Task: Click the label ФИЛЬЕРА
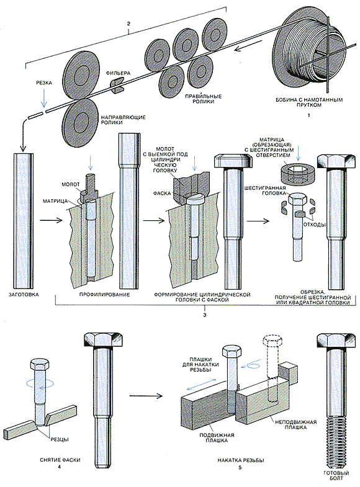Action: coord(118,73)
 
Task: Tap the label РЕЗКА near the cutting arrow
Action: coord(44,83)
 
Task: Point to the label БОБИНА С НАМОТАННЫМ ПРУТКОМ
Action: coord(309,102)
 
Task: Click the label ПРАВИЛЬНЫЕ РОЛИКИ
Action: coord(200,99)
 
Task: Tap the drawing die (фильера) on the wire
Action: coord(117,85)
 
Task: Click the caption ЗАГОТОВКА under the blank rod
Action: coord(24,295)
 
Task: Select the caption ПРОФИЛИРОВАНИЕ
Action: coord(104,295)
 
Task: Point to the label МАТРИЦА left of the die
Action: coord(55,201)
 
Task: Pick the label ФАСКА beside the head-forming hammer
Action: coord(162,193)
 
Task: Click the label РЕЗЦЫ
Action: coord(59,439)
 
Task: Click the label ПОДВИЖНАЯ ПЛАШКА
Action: coord(217,437)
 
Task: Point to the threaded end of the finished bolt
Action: coord(336,438)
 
